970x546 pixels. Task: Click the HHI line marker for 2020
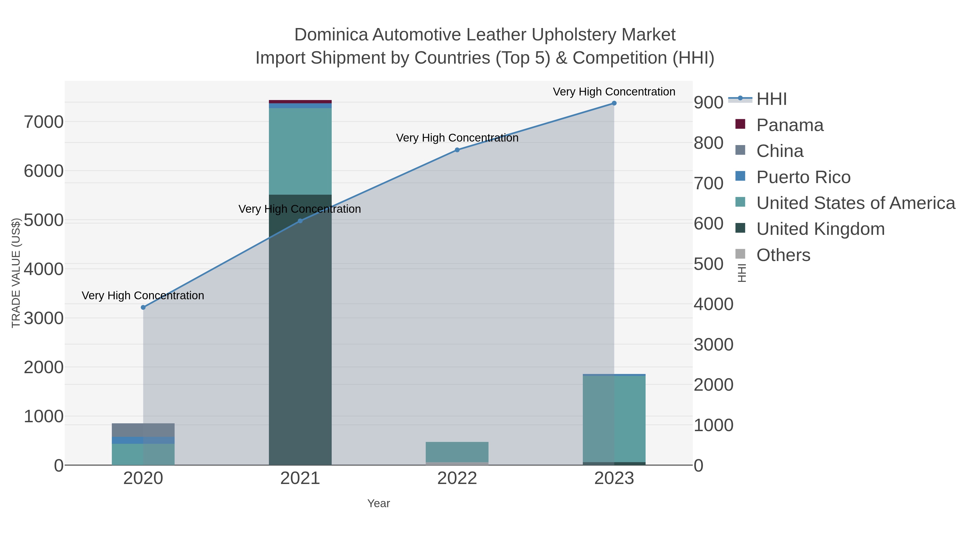(x=143, y=307)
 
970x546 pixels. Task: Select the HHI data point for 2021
(x=300, y=221)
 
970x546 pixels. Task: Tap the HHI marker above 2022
(x=457, y=150)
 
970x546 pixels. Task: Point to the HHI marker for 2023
(x=614, y=103)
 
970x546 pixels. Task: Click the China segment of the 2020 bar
(x=143, y=430)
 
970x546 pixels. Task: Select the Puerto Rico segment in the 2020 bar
(x=143, y=440)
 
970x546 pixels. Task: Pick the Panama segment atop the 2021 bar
(x=300, y=102)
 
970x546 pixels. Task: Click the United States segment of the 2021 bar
(x=300, y=151)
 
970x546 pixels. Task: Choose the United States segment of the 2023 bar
(x=614, y=418)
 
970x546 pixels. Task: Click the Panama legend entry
(x=790, y=125)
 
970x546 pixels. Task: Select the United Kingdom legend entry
(x=820, y=229)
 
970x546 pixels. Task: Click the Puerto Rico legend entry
(x=803, y=177)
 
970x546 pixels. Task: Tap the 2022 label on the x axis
(x=457, y=479)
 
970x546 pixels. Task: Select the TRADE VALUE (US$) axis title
(x=16, y=273)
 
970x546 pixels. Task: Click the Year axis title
(x=379, y=503)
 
